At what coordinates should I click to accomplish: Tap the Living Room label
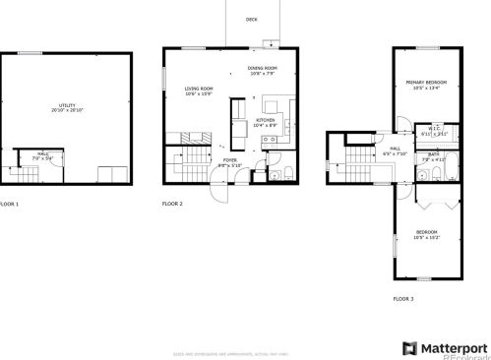point(200,91)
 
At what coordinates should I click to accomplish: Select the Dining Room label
point(263,71)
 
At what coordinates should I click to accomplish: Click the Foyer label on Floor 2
point(229,161)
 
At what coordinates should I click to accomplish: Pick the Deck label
point(252,19)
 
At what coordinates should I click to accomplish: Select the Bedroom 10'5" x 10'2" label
point(426,235)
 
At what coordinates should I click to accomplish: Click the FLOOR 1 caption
point(9,204)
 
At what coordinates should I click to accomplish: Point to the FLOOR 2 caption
point(172,204)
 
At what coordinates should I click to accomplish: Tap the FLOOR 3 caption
point(403,298)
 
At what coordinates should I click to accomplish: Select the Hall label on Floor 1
point(43,154)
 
